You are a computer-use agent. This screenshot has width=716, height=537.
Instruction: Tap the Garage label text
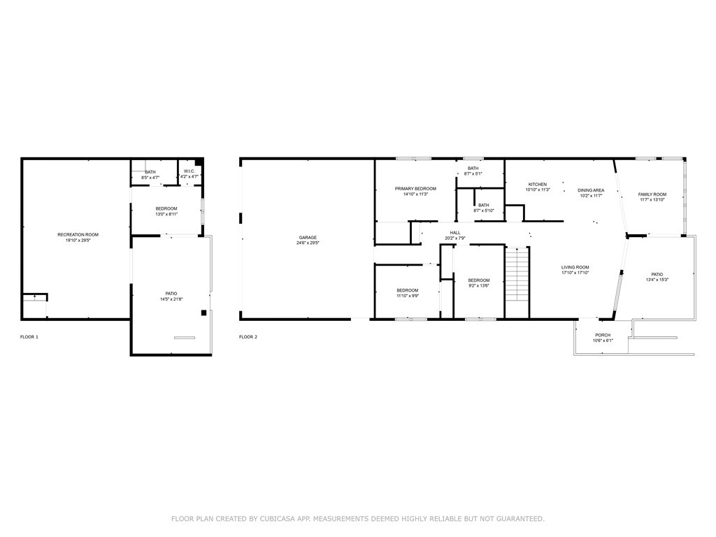point(308,238)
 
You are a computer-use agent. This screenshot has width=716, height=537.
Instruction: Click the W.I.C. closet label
point(189,171)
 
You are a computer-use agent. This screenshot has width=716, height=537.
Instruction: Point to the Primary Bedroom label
point(415,189)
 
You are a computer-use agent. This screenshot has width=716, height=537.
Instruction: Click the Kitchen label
point(537,184)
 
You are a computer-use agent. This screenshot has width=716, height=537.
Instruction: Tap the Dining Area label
point(591,190)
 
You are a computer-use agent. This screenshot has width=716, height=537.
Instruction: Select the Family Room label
point(652,194)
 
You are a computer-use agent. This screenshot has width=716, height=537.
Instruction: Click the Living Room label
point(575,267)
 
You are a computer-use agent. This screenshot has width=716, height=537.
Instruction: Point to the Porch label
point(602,335)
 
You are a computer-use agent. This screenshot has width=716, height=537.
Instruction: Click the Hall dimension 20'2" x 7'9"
point(455,238)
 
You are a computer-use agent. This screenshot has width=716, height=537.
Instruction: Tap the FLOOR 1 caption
point(29,337)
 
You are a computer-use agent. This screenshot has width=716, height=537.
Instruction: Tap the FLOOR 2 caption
point(248,337)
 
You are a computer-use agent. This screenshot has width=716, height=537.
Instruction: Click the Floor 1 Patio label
point(171,294)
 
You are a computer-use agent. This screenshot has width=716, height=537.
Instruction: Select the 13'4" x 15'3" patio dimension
point(657,280)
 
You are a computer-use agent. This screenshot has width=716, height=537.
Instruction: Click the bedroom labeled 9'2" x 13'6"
point(479,280)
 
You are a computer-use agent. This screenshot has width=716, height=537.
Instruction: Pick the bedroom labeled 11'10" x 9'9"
point(408,290)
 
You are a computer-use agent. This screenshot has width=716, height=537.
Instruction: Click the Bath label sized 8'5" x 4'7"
point(150,172)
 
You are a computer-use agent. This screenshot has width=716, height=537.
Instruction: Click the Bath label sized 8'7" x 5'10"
point(484,205)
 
